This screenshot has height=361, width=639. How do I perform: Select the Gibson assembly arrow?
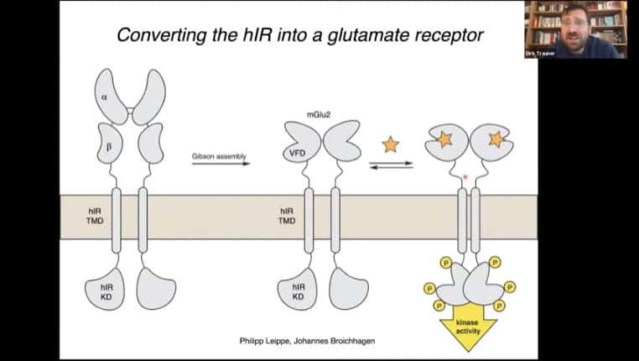click(221, 164)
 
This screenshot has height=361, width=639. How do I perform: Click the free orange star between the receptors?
click(391, 144)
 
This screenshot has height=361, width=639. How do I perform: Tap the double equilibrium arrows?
click(392, 165)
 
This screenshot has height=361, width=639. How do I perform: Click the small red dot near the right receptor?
click(465, 177)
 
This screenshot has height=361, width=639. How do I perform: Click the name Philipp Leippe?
click(266, 341)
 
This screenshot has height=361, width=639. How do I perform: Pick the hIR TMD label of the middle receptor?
click(287, 216)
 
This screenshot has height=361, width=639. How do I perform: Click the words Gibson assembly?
click(221, 156)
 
